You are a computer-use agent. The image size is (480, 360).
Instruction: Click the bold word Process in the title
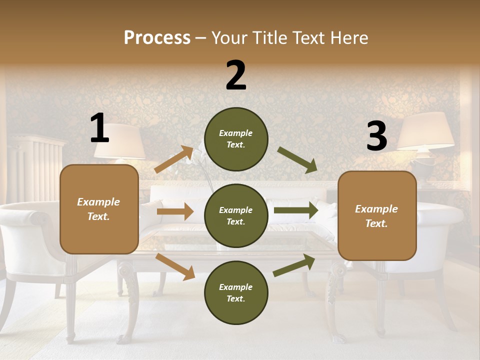click(157, 38)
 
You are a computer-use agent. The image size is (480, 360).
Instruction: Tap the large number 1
click(99, 128)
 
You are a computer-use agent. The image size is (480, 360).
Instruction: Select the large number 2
click(236, 75)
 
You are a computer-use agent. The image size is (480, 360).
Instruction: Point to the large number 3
click(376, 136)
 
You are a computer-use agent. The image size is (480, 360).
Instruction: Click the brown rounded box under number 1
click(99, 209)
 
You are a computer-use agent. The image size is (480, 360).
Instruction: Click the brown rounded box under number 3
click(377, 215)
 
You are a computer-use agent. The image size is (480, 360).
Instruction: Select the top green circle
click(236, 138)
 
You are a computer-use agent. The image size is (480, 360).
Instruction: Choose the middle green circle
click(236, 215)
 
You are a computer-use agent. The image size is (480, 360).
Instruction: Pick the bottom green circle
click(236, 292)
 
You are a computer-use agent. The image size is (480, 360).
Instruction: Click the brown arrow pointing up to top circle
click(173, 159)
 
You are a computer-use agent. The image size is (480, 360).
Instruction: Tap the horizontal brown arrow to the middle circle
click(175, 211)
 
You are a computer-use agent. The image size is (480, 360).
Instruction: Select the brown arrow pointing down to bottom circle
click(175, 266)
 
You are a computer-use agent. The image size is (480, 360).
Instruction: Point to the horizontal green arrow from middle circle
click(295, 210)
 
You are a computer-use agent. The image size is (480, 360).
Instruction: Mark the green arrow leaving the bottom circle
click(294, 265)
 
